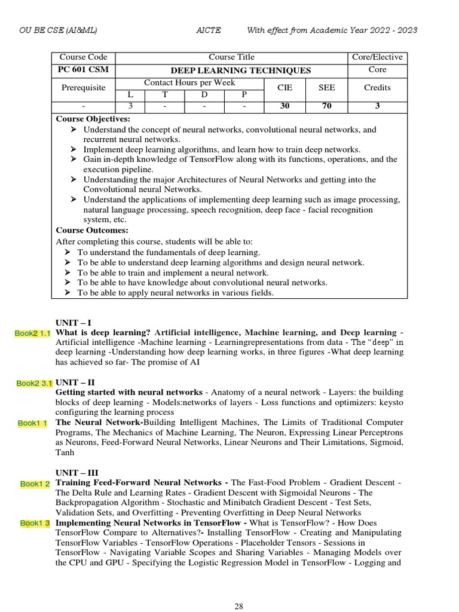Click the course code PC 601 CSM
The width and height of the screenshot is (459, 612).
tap(83, 71)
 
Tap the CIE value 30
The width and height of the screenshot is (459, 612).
tap(285, 106)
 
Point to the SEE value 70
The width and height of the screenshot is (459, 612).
tap(326, 106)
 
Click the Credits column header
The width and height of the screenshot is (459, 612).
tap(377, 87)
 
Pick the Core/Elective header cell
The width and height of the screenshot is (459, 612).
tap(377, 57)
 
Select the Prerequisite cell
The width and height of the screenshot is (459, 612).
tap(83, 87)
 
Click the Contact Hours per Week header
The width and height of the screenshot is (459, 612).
tap(189, 82)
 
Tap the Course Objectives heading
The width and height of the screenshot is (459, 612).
tap(93, 118)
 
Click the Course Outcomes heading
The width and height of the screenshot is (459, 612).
tap(92, 230)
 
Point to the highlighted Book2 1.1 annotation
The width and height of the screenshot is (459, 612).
tap(33, 333)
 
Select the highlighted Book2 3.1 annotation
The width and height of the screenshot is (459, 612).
tap(34, 383)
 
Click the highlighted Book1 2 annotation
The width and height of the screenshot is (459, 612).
tap(35, 484)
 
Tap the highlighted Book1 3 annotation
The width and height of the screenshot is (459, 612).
tap(35, 523)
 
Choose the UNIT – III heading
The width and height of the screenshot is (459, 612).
tap(77, 472)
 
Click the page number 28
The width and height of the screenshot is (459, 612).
tap(238, 607)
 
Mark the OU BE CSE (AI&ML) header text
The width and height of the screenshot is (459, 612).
tap(58, 30)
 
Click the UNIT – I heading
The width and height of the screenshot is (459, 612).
tap(73, 323)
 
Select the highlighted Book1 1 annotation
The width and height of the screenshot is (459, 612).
tap(33, 423)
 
